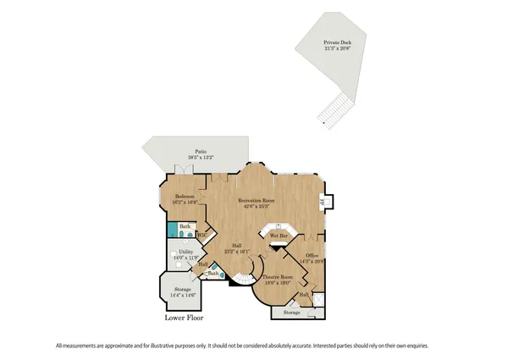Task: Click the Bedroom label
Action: point(174,197)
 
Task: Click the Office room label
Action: point(312,256)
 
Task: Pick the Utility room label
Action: point(185,252)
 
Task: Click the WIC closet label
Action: point(202,234)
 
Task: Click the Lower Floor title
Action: point(184,319)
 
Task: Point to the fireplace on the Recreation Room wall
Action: point(323,202)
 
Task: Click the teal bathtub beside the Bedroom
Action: point(173,230)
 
